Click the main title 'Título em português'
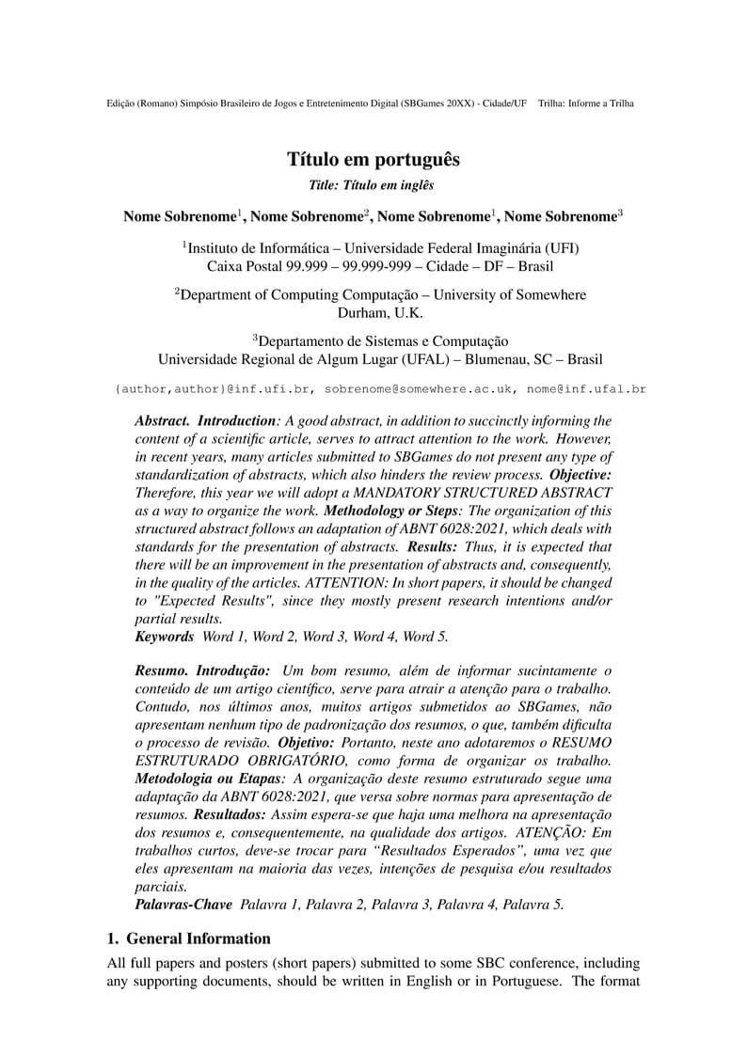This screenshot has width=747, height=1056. point(373,159)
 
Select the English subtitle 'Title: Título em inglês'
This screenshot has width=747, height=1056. point(373,186)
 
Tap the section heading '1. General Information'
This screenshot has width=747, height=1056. point(188,938)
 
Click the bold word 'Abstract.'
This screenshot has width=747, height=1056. point(162,420)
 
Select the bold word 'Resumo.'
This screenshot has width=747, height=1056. point(161,670)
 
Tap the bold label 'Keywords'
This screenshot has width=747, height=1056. point(165,637)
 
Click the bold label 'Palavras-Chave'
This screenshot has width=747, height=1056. point(183,905)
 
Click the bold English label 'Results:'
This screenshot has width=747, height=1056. point(433,545)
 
